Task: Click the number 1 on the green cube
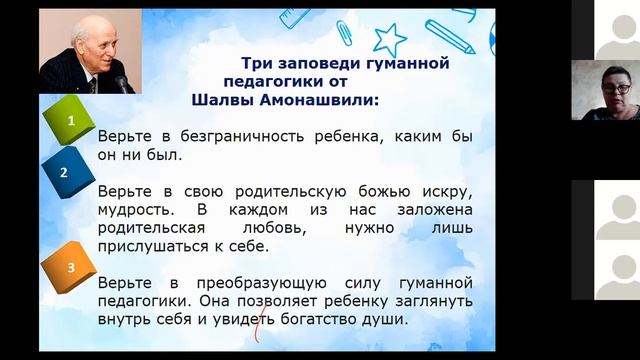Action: (70, 123)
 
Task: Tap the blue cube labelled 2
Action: (64, 171)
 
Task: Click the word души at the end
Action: (388, 319)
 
